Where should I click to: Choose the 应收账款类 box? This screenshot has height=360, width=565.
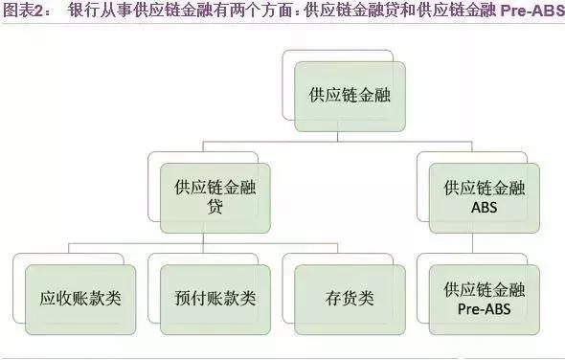[x=77, y=298]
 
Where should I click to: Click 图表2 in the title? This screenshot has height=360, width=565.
[x=23, y=12]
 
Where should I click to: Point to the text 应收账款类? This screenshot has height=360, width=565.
[x=77, y=298]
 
